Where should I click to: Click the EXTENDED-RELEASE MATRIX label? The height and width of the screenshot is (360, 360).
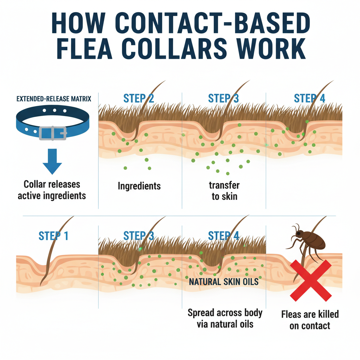tap(54, 99)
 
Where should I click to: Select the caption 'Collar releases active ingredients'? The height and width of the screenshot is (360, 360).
tap(52, 190)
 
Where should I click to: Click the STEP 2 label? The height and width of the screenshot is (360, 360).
tap(139, 98)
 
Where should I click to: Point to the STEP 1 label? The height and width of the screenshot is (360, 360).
tap(54, 236)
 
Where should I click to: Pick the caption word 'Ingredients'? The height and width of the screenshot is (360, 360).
tap(139, 186)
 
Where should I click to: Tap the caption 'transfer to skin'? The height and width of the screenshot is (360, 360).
tap(224, 191)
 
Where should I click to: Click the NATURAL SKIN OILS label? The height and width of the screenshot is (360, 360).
tap(224, 282)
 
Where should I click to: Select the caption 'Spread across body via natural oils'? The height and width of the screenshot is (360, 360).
tap(225, 318)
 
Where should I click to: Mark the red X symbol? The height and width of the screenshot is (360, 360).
tap(310, 281)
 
